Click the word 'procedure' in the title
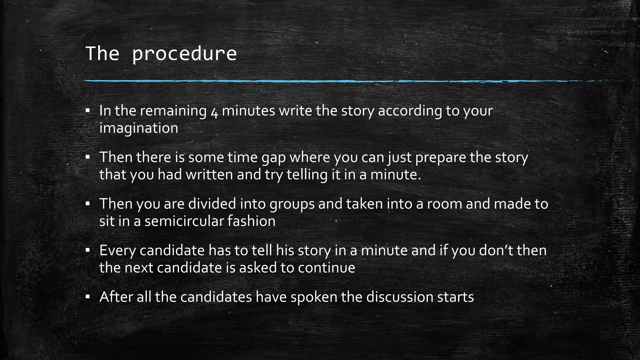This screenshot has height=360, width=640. click(184, 54)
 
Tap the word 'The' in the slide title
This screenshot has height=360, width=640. click(102, 54)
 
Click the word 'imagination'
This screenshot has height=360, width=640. click(138, 128)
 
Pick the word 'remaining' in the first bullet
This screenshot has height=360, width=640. click(173, 111)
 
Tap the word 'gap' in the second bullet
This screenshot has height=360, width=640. click(273, 157)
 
